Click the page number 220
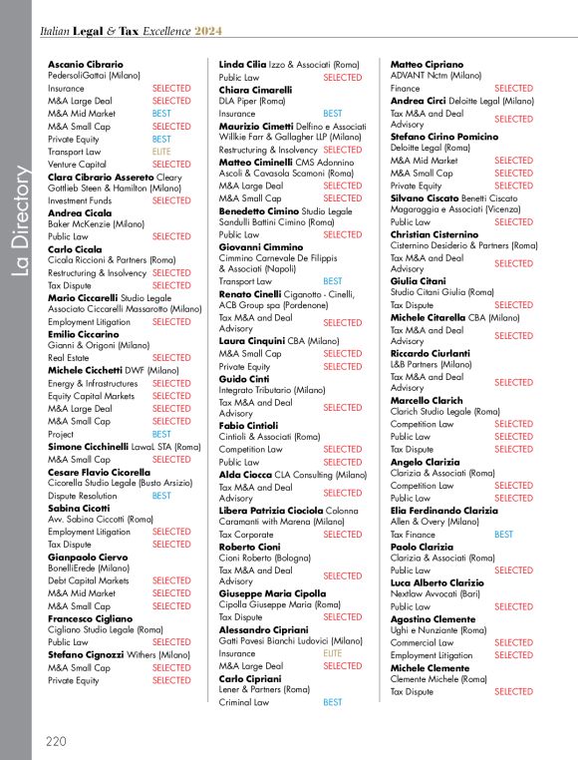[56, 741]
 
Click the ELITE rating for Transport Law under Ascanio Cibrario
[161, 152]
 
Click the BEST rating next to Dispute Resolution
[161, 496]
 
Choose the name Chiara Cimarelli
[255, 90]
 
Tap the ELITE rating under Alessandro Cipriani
[333, 653]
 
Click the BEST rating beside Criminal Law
[333, 702]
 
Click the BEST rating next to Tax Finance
[504, 535]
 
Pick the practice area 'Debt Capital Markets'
[89, 580]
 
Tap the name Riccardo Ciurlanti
[431, 353]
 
